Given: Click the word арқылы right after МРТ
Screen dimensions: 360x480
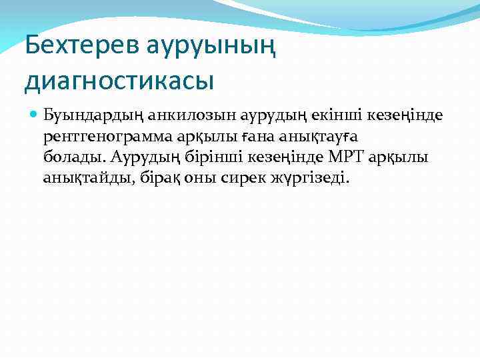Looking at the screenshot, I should (407, 157).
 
